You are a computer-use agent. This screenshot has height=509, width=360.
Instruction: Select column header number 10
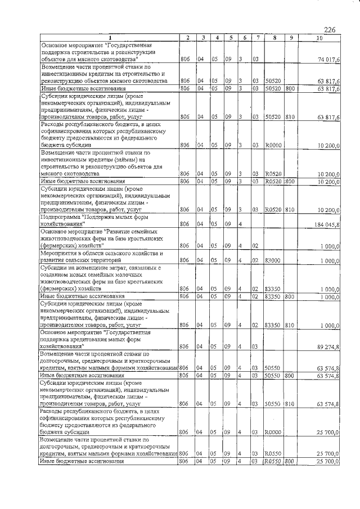click(x=319, y=38)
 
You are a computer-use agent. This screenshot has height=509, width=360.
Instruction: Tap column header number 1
click(x=109, y=38)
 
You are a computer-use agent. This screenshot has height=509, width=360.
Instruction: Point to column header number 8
click(x=273, y=38)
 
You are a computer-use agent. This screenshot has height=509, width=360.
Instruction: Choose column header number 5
click(x=231, y=38)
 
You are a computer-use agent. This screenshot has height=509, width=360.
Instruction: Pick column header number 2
click(x=187, y=38)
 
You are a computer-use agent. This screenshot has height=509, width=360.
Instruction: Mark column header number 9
click(x=290, y=38)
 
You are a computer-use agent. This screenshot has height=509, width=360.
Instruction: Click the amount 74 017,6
click(x=328, y=59)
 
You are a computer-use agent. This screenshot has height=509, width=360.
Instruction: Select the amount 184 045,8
click(x=326, y=225)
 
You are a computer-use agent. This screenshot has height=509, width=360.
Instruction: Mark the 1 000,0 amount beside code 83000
click(x=329, y=260)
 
